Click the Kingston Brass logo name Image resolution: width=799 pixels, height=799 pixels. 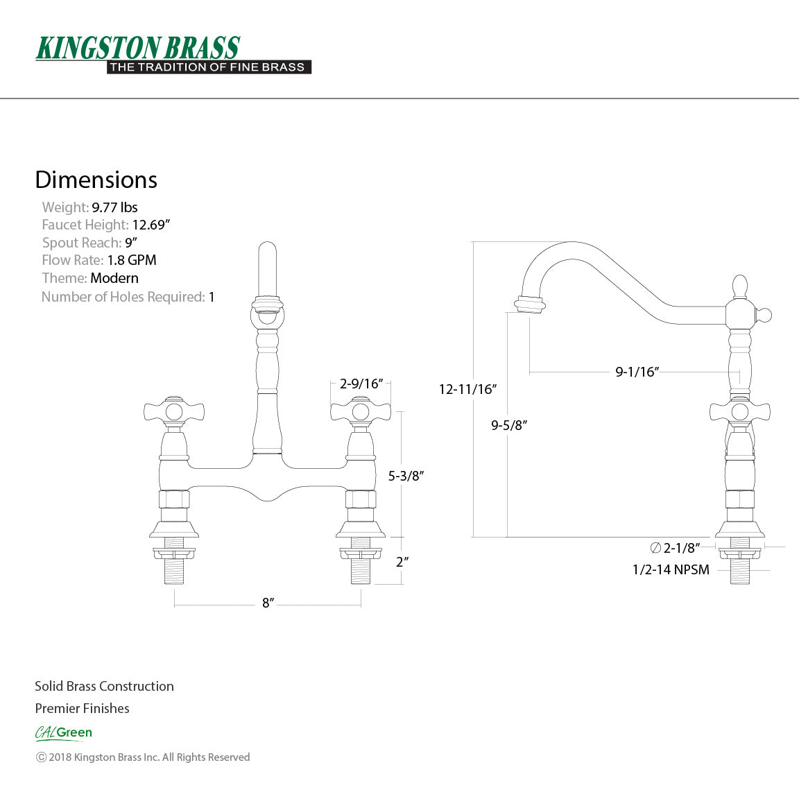pos(137,48)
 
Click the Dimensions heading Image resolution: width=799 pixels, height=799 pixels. pos(96,180)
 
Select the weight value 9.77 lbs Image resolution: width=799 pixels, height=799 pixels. pos(114,207)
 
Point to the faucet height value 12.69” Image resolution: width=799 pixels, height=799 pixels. pos(151,225)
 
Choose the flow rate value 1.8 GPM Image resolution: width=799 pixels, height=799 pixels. pos(132,260)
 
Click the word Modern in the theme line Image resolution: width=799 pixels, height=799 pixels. pos(114,278)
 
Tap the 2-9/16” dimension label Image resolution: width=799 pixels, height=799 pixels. pos(361,384)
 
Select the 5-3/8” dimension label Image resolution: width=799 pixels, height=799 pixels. pos(406,476)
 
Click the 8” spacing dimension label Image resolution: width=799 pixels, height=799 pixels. pos(268,603)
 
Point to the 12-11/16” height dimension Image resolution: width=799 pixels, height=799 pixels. pos(467,389)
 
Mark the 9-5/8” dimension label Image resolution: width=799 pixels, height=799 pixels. pos(509,425)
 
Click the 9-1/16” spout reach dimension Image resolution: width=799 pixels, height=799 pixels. pos(637,372)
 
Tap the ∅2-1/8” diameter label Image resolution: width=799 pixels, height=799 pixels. pos(674,548)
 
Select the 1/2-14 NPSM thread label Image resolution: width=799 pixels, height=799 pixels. pos(671,569)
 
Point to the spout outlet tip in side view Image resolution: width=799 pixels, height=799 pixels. pos(529,305)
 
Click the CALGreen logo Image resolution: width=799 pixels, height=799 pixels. pos(63,732)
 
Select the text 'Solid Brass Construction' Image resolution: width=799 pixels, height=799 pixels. pos(104,686)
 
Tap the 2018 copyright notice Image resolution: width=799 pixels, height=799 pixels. pos(143,757)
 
